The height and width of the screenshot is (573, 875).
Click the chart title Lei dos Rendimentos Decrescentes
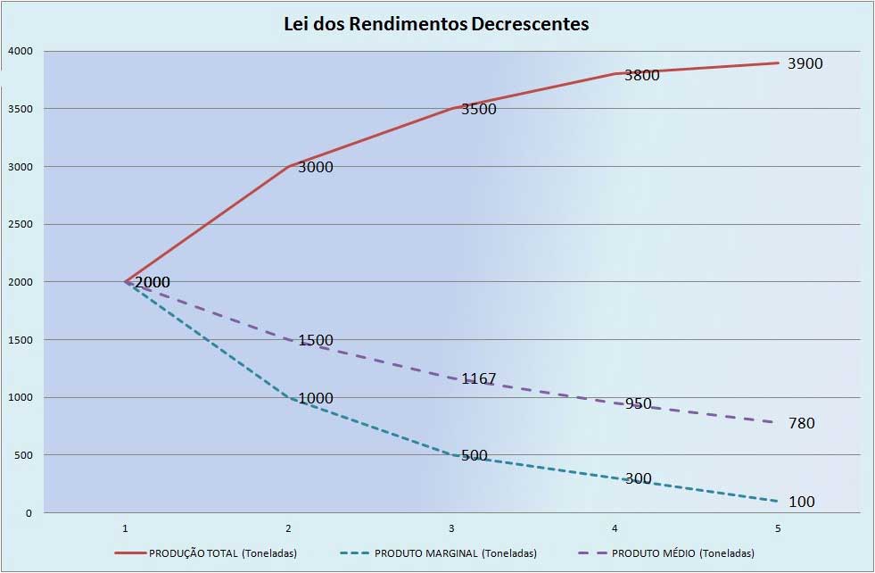[x=436, y=24]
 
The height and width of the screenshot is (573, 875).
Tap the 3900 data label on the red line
[x=805, y=63]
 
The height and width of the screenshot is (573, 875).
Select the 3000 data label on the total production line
[x=316, y=167]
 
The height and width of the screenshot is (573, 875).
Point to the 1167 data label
[x=479, y=378]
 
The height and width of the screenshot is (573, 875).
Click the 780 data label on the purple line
[x=801, y=423]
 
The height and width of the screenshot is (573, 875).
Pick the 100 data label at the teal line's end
[x=801, y=502]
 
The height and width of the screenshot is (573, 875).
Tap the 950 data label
[x=638, y=403]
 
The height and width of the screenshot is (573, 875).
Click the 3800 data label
[x=641, y=75]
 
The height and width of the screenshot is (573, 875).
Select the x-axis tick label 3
[x=452, y=528]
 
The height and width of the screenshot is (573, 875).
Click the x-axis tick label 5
[x=778, y=528]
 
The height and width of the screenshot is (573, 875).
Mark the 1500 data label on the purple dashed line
[x=316, y=340]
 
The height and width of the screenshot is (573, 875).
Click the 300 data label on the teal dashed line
[x=638, y=478]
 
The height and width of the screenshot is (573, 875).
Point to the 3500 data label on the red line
[x=479, y=109]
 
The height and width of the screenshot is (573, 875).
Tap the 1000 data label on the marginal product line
[x=316, y=398]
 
